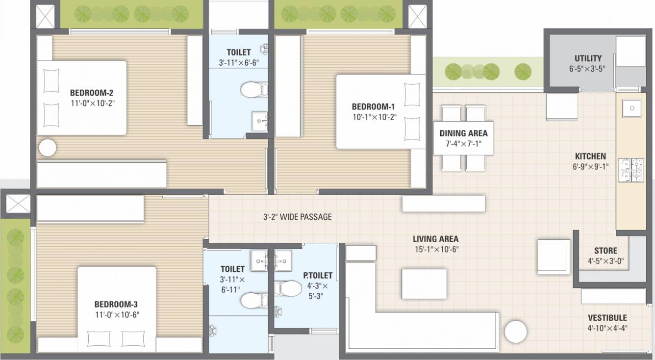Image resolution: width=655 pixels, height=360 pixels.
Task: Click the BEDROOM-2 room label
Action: coord(92,92)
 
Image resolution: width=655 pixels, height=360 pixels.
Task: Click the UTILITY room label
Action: coord(588,58)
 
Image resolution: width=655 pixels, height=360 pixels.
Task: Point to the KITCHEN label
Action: coord(590,156)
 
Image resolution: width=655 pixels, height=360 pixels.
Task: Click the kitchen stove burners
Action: coord(630,170)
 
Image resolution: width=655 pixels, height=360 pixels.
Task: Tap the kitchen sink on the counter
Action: coord(631,108)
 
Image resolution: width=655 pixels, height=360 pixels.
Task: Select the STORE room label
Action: coord(605,251)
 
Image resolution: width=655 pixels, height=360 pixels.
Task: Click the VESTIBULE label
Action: coord(607,318)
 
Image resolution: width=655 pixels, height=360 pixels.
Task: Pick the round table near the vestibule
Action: coord(516,332)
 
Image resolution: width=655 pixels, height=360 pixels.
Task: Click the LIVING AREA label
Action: coord(435,239)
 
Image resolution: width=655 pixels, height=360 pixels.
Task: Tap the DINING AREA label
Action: coord(463,133)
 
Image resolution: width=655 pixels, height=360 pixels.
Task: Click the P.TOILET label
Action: coord(318,276)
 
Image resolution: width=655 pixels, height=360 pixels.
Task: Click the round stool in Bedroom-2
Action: coord(48,148)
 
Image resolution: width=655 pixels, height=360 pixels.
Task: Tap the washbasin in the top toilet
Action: coord(259,120)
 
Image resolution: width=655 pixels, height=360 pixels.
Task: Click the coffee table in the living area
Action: coord(424,283)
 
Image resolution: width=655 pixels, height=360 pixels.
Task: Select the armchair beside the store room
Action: coord(554,257)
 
